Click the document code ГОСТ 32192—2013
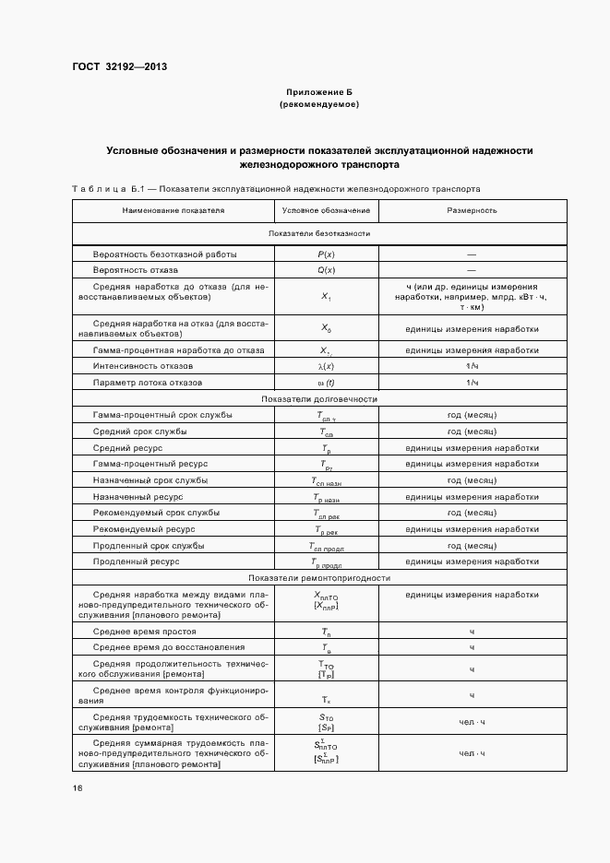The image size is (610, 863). click(x=119, y=66)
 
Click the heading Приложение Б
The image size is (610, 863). click(x=318, y=93)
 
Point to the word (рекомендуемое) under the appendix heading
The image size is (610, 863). click(x=318, y=105)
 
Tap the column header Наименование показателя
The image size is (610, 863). click(x=173, y=210)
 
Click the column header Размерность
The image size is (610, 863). click(x=472, y=210)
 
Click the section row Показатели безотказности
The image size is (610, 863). click(x=319, y=233)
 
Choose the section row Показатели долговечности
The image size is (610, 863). click(x=319, y=399)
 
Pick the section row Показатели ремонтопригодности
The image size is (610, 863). click(x=319, y=578)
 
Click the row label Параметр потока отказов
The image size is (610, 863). click(x=147, y=383)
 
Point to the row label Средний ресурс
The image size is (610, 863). click(x=128, y=447)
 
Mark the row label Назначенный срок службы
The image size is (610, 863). click(x=150, y=480)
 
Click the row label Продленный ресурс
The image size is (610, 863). click(x=137, y=562)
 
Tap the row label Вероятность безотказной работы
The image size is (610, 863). click(x=165, y=254)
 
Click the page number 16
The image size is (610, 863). click(x=77, y=788)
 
